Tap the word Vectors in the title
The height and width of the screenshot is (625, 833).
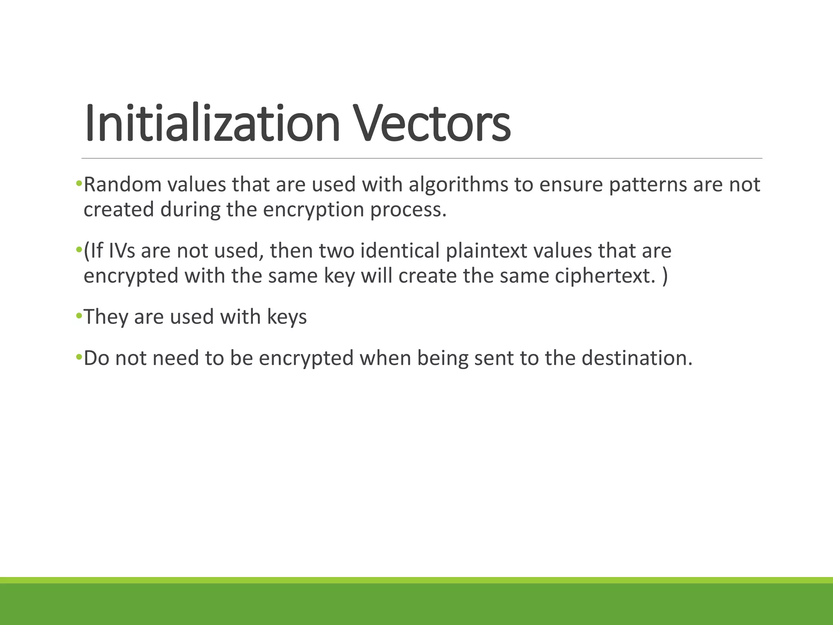[432, 123]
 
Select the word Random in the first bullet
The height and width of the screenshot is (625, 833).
[122, 185]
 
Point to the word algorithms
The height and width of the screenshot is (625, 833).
[458, 185]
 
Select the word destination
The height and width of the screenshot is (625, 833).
[637, 358]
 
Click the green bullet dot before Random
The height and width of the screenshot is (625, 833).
[79, 184]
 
